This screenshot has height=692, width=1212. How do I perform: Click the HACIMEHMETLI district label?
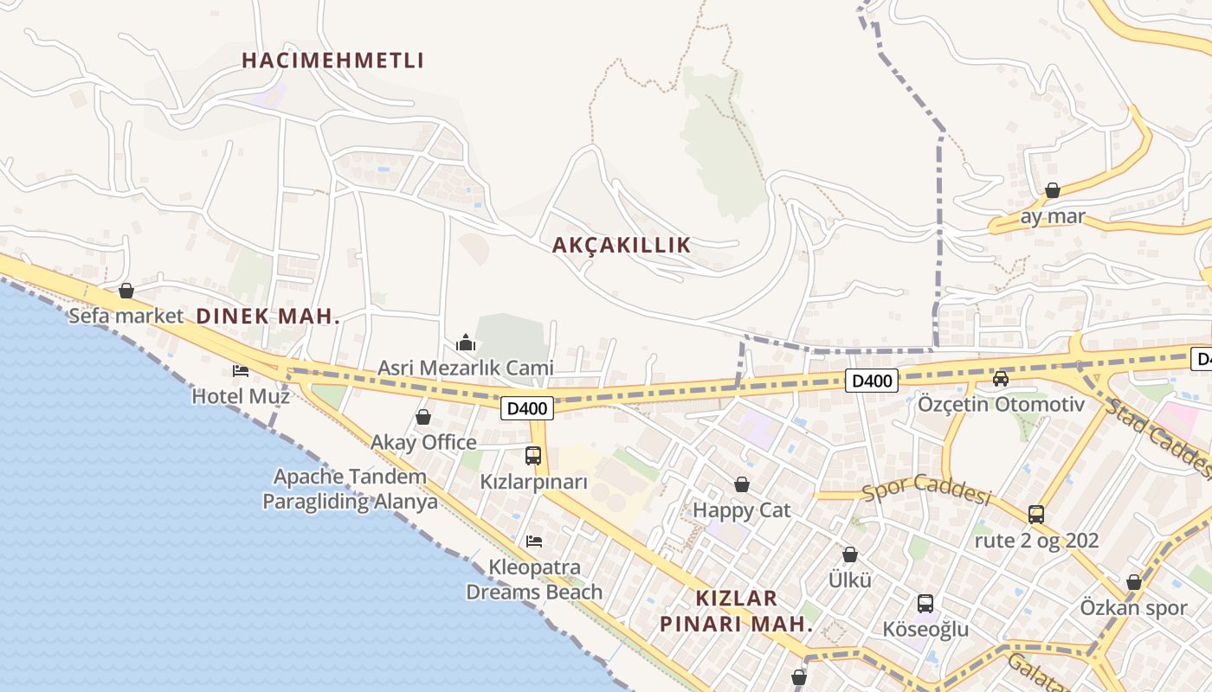coord(332,61)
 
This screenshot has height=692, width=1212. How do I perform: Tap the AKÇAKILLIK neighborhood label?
coord(622,245)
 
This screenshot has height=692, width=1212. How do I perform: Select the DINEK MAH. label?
coord(268,317)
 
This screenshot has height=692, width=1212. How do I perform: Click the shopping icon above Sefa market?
coord(126,291)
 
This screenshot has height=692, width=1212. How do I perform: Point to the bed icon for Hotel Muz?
coord(241,371)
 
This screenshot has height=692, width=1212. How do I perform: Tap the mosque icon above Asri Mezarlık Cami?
coord(466,343)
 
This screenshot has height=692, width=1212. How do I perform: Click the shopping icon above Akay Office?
coord(423,418)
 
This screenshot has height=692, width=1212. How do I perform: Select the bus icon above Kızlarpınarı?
coord(533,456)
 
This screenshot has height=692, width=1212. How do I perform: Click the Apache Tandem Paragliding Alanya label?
coord(350,489)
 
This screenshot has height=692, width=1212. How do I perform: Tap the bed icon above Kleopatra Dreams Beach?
coord(534,541)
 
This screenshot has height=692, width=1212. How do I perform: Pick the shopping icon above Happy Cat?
coord(742,484)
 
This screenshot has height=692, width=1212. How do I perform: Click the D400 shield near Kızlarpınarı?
coord(526,407)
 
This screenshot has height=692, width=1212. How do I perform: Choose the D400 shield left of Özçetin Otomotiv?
coord(872,380)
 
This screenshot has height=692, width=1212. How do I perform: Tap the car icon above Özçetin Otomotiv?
coord(1001,378)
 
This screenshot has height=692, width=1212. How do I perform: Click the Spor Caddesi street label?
coord(926,490)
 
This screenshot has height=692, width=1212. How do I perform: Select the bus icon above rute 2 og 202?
coord(1036,515)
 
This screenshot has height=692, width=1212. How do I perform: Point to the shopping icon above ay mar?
coord(1053,190)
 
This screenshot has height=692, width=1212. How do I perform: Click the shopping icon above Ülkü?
coord(850,554)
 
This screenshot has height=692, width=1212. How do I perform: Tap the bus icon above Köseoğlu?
coord(925,604)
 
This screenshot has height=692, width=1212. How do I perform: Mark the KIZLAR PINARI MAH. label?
coord(736,611)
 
